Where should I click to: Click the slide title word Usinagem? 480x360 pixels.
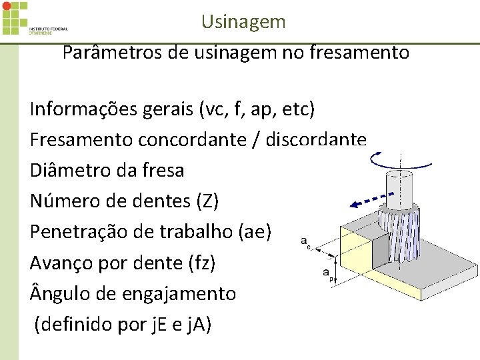point(243,22)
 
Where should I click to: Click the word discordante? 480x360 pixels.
point(316,139)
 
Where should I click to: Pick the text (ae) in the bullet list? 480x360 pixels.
point(255,231)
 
